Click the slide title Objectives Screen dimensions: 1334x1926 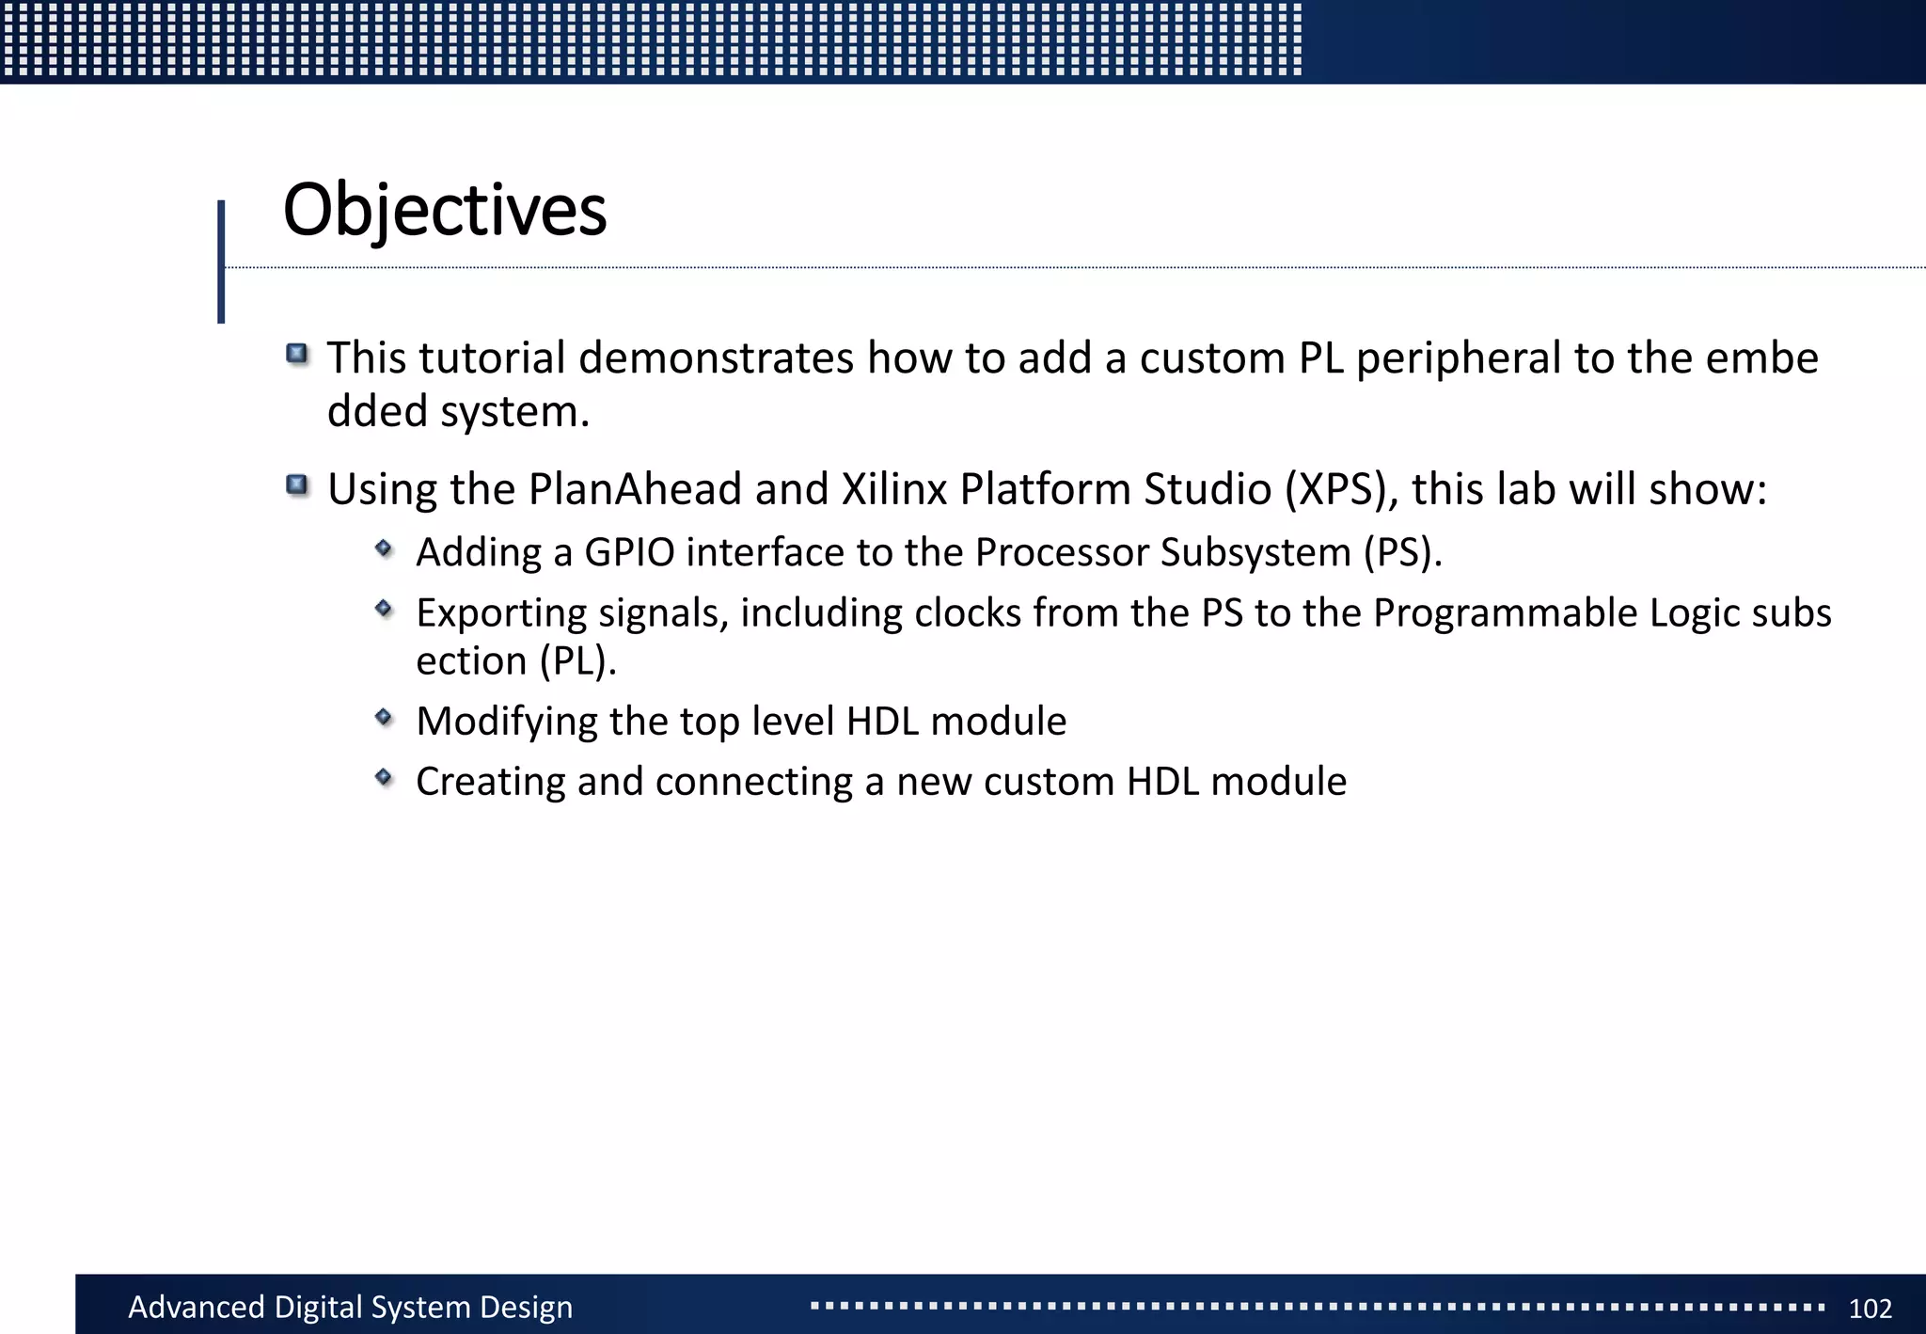coord(444,211)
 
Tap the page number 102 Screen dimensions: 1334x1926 coord(1870,1309)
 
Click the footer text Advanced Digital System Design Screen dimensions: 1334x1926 coord(350,1307)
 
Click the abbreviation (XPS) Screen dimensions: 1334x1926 coord(1341,489)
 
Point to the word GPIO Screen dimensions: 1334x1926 coord(629,552)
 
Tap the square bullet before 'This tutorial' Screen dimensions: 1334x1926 coord(297,355)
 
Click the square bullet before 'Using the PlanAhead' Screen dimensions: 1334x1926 coord(297,485)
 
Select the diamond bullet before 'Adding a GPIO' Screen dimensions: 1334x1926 coord(384,548)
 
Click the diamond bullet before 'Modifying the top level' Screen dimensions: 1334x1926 coord(384,718)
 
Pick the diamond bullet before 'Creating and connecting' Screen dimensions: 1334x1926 coord(384,777)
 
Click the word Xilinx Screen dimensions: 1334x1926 coord(893,489)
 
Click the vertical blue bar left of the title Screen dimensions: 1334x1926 coord(221,262)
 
